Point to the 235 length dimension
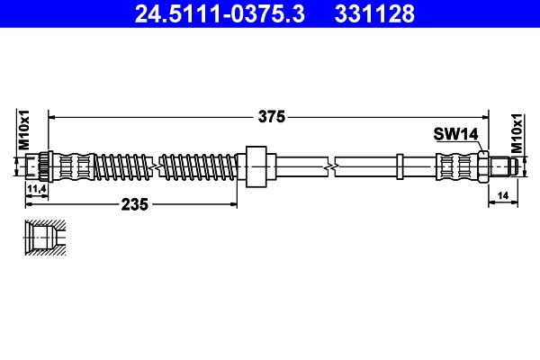(x=134, y=204)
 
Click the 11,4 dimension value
(x=37, y=188)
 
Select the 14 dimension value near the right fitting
(x=502, y=194)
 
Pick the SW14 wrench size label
(x=455, y=134)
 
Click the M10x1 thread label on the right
(x=517, y=132)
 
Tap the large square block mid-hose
(x=256, y=166)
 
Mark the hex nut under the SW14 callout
(x=482, y=166)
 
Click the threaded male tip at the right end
(x=506, y=166)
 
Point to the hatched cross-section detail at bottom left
(x=42, y=239)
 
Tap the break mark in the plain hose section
(x=333, y=166)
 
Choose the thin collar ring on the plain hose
(x=397, y=166)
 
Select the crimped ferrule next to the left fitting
(x=72, y=166)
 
